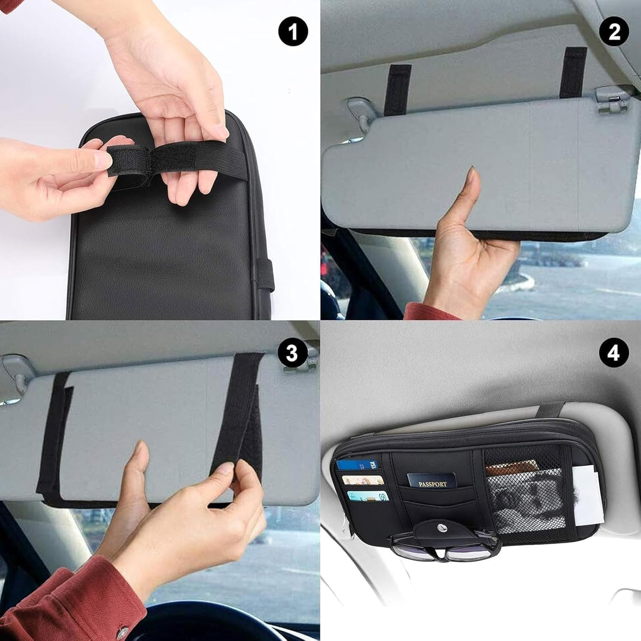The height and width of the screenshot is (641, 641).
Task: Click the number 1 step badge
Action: pyautogui.click(x=293, y=32)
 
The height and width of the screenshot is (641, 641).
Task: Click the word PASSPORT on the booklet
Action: pyautogui.click(x=432, y=484)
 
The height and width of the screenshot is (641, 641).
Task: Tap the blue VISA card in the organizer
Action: pyautogui.click(x=357, y=465)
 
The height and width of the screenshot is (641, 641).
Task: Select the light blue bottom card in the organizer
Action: pyautogui.click(x=368, y=496)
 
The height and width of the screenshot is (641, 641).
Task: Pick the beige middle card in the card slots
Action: pyautogui.click(x=363, y=480)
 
